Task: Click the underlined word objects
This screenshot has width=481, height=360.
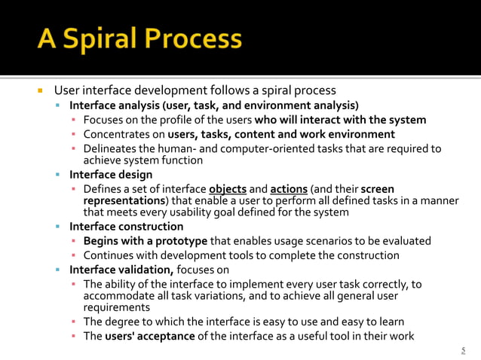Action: click(x=228, y=188)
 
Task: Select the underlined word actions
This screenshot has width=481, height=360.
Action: click(x=290, y=188)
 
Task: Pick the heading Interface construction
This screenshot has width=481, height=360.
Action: click(x=126, y=227)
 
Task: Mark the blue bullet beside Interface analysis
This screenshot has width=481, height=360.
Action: click(x=58, y=105)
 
